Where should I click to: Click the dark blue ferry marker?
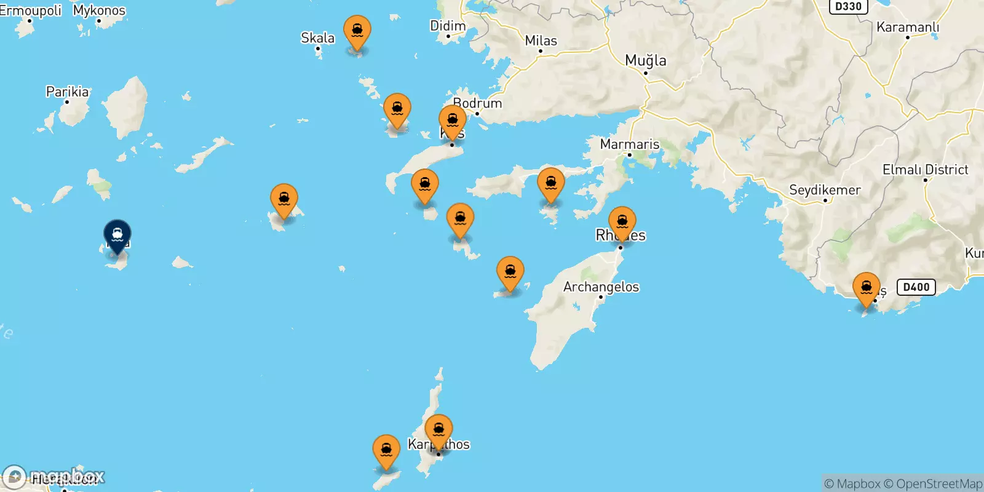pos(117,235)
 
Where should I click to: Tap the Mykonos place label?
pos(99,10)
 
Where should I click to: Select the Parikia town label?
pos(67,92)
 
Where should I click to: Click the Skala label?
pos(317,38)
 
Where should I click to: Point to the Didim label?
pos(447,26)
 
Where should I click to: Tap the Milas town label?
pos(541,41)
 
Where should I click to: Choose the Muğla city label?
pos(645,60)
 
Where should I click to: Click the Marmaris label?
pos(629,145)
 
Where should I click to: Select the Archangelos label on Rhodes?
pos(601,287)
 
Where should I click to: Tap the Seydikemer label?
pos(824,190)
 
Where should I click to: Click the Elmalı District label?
pos(925,170)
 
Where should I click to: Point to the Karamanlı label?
pos(907,27)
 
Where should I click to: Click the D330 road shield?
pos(848,7)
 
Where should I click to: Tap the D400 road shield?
pos(916,287)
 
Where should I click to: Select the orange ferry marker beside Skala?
pos(357,31)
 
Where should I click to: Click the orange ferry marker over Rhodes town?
pos(622,222)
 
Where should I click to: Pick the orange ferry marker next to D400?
pos(866,288)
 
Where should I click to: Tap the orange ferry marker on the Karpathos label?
pos(438,430)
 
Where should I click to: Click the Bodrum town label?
pos(477,103)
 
